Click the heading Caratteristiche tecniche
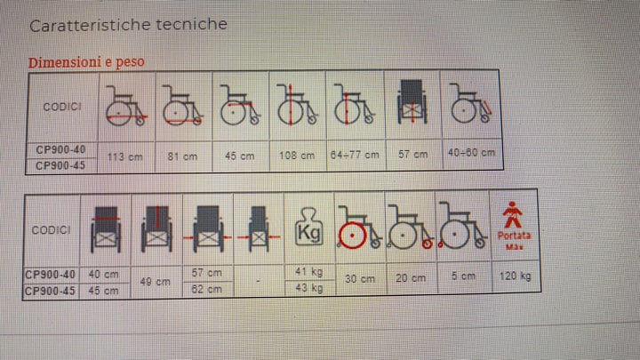tap(128, 25)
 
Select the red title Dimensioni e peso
tap(86, 62)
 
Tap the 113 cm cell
tap(125, 156)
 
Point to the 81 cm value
tap(182, 156)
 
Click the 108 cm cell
tap(297, 156)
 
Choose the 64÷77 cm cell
tap(355, 155)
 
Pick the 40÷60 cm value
tap(471, 153)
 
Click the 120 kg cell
tap(515, 276)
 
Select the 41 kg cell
tap(309, 271)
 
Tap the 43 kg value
tap(309, 288)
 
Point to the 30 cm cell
tap(360, 279)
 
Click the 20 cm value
tap(411, 278)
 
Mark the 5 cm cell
tap(463, 276)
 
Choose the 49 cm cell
tap(155, 282)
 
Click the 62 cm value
tap(206, 290)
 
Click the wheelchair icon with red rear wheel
tap(359, 228)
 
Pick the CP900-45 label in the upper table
tap(60, 165)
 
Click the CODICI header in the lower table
tap(51, 230)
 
